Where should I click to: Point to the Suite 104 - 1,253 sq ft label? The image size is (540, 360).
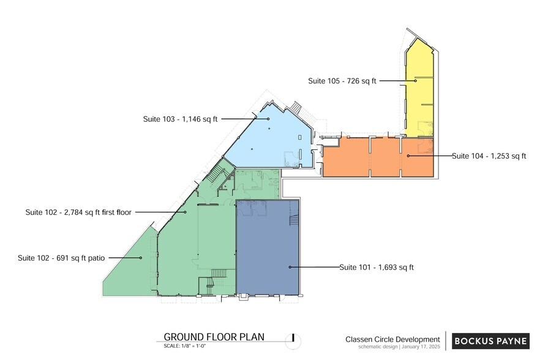coord(489,156)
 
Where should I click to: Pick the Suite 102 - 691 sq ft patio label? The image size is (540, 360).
coord(61,258)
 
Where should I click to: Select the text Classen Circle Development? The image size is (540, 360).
coord(392,339)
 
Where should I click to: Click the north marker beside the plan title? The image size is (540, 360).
coord(294,337)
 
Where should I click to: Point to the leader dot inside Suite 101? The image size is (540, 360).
coord(290,267)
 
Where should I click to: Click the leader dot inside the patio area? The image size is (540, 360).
coord(141,258)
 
